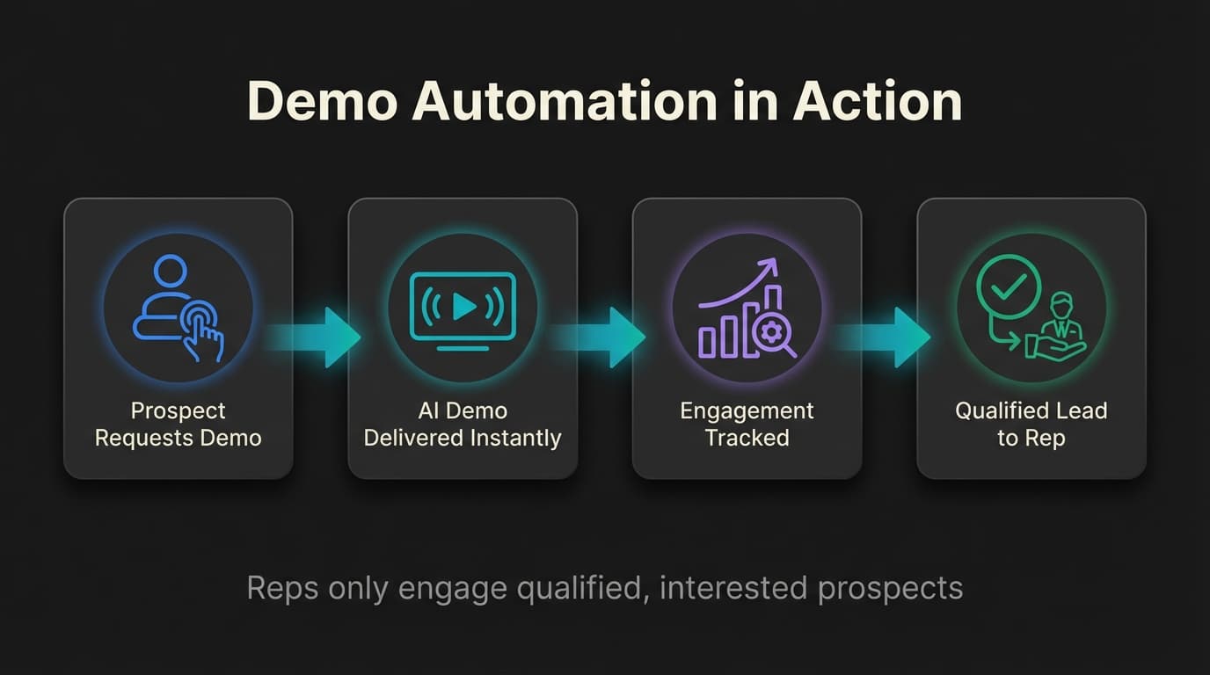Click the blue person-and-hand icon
click(178, 308)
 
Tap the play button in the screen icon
click(463, 306)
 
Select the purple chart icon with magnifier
click(747, 308)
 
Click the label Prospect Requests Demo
click(178, 425)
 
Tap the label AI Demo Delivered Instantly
click(463, 425)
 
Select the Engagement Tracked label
click(747, 425)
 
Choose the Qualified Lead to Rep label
click(1031, 425)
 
